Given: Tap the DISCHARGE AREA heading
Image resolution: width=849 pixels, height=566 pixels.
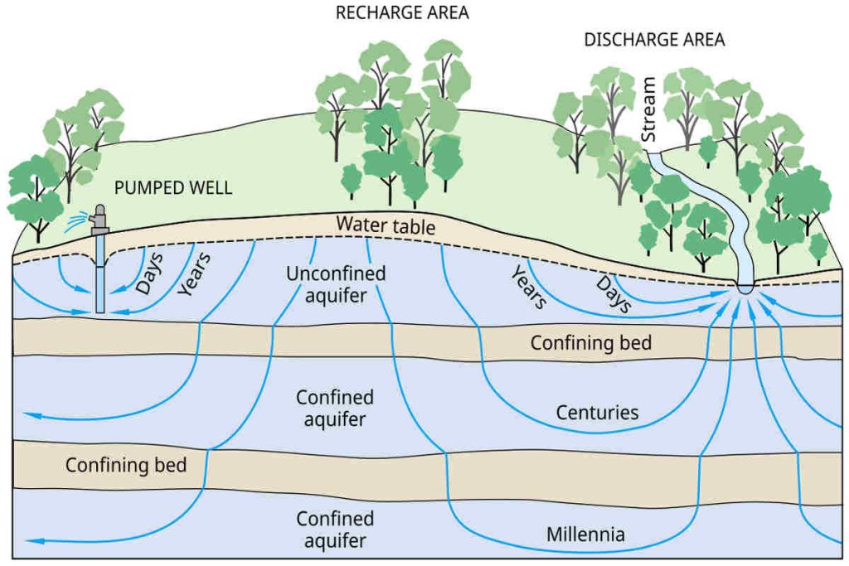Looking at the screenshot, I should pos(654,40).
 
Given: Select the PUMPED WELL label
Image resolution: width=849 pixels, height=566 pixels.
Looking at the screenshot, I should pos(173,188).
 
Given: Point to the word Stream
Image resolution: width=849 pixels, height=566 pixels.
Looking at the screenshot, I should pos(649,109).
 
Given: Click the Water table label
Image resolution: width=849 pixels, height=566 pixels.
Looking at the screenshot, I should pos(386,224).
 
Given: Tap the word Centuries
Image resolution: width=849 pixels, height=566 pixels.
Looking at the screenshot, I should pos(597,412).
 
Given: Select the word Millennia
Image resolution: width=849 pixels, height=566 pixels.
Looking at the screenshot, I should pos(585,534).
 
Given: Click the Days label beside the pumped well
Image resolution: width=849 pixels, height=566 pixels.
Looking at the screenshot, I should pos(150,273).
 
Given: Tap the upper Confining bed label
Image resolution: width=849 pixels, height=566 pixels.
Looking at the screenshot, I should pos(591,342).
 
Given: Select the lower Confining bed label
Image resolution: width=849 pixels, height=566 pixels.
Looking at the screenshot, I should pos(126,464).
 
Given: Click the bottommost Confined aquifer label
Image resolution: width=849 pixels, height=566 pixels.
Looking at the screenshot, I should pos(335,530).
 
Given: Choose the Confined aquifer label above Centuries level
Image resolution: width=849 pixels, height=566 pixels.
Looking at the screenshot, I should pos(335,409).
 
